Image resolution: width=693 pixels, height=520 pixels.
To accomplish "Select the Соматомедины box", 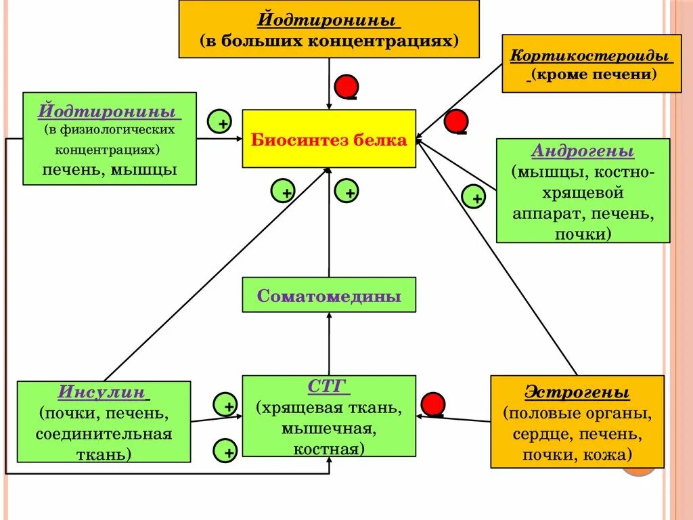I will [x=329, y=295].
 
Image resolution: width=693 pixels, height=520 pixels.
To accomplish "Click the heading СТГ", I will [x=328, y=387].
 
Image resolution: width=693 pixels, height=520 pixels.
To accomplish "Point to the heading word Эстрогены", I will [x=577, y=393].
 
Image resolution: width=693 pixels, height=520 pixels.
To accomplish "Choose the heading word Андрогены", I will [x=583, y=150].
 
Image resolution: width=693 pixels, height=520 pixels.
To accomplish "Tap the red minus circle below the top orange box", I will [x=347, y=87].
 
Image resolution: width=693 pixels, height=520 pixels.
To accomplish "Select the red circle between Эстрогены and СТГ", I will [x=432, y=404].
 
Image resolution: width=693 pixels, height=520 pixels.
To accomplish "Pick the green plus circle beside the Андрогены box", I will [x=474, y=197].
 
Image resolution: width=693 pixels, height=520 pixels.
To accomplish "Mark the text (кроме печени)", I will [x=594, y=74].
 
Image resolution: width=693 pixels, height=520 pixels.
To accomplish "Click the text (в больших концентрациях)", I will [x=329, y=41].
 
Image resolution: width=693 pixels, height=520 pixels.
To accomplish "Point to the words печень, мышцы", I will [x=110, y=169].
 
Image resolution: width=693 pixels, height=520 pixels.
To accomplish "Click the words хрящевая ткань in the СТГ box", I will [x=330, y=408].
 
